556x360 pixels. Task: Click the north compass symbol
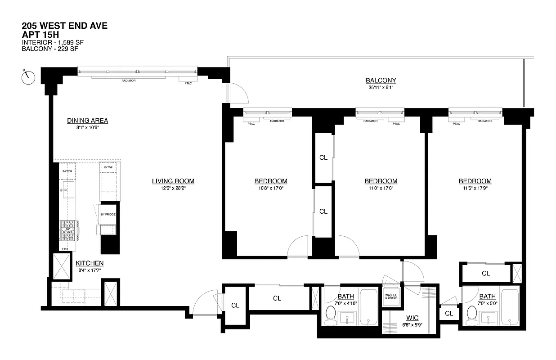28,77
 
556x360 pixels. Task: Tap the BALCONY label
381,81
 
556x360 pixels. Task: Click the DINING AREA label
87,121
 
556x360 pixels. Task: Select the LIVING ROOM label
173,181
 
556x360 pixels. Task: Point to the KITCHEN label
90,263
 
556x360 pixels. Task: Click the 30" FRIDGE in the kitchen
108,215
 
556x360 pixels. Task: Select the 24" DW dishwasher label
67,171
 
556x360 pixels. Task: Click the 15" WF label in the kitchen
108,167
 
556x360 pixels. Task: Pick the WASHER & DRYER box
390,297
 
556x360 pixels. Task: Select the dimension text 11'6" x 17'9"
475,189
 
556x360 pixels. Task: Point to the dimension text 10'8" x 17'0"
271,189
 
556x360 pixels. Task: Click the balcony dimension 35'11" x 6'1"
381,88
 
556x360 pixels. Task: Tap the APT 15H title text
40,34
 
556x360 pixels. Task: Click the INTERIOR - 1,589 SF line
53,43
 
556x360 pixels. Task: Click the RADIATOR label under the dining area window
128,81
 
